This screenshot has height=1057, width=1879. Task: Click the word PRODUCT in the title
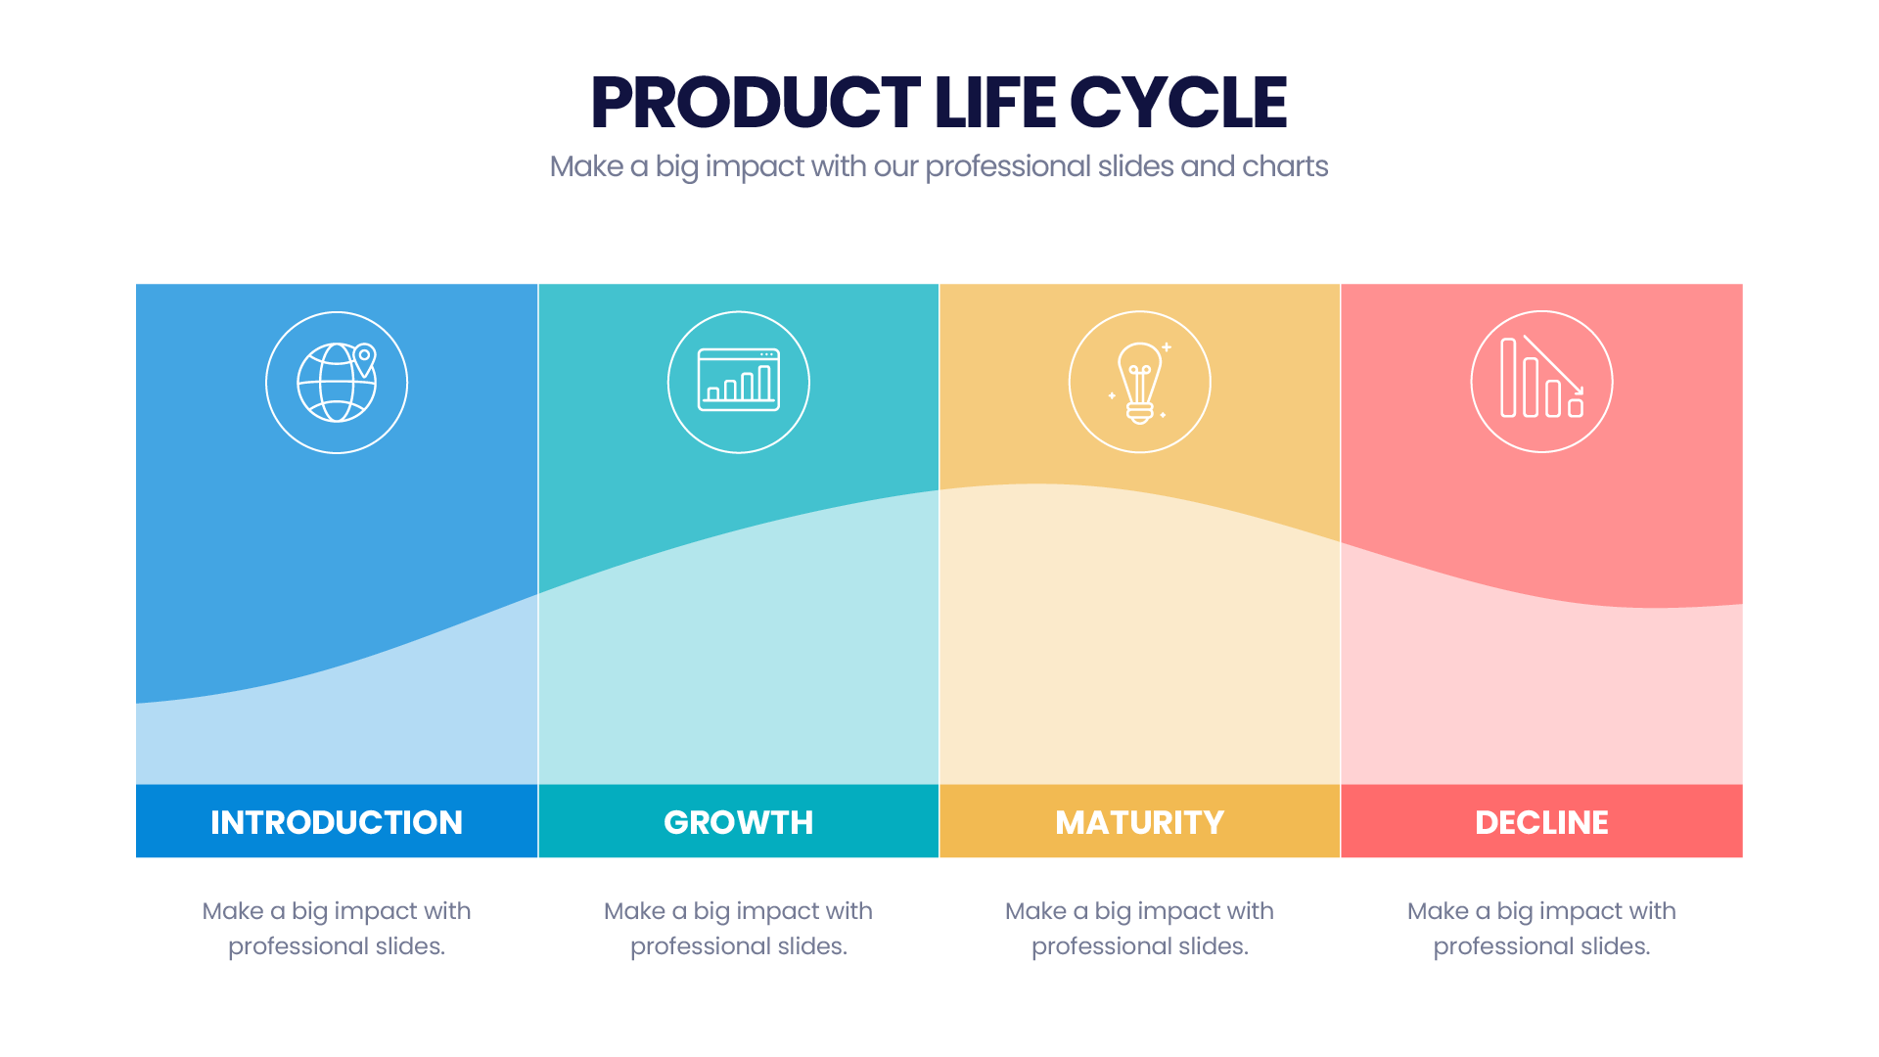pyautogui.click(x=756, y=103)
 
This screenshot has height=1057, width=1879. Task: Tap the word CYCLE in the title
pyautogui.click(x=1178, y=103)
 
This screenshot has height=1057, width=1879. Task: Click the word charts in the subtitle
pyautogui.click(x=1285, y=166)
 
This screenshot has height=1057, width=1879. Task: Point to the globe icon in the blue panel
pyautogui.click(x=337, y=383)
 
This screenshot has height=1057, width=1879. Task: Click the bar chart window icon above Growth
pyautogui.click(x=739, y=380)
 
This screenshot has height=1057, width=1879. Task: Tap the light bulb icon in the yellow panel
pyautogui.click(x=1140, y=383)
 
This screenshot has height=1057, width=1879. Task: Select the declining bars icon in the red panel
pyautogui.click(x=1542, y=378)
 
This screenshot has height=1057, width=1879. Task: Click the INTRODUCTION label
pyautogui.click(x=337, y=822)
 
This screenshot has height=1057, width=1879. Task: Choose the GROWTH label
pyautogui.click(x=739, y=822)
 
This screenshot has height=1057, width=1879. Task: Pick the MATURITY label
pyautogui.click(x=1140, y=822)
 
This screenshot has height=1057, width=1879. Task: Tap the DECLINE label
pyautogui.click(x=1542, y=822)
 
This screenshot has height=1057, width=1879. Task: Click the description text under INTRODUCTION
pyautogui.click(x=337, y=929)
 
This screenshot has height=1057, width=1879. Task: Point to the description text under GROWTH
pyautogui.click(x=739, y=929)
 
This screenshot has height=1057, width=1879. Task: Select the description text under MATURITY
pyautogui.click(x=1140, y=929)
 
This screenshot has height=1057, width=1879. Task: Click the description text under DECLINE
pyautogui.click(x=1542, y=929)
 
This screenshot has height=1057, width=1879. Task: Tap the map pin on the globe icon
pyautogui.click(x=364, y=359)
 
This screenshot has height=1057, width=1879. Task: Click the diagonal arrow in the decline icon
pyautogui.click(x=1554, y=365)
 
